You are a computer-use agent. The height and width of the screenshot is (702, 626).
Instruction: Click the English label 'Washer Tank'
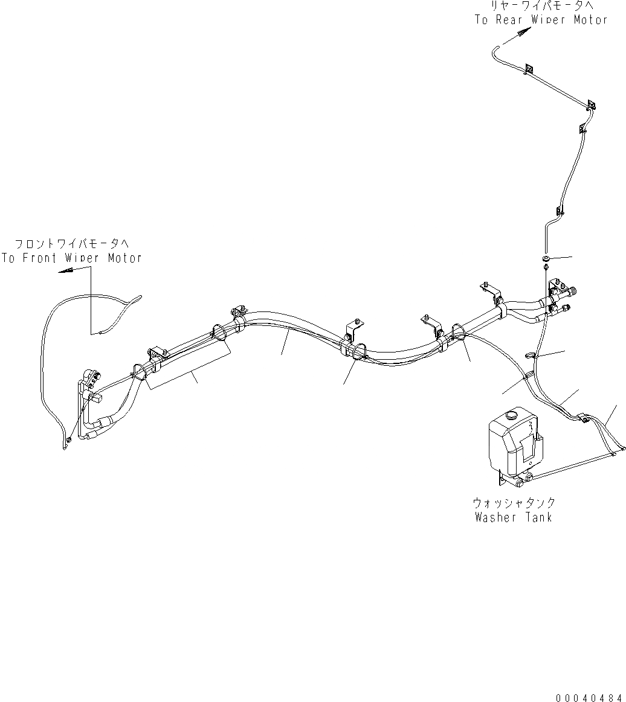click(514, 517)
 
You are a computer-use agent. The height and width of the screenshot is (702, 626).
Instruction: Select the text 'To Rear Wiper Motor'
click(541, 19)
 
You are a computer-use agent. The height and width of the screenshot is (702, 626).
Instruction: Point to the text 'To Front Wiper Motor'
click(71, 258)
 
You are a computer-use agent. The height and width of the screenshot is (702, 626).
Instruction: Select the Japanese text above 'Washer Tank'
click(514, 502)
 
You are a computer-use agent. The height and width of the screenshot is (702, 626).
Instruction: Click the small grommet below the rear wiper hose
click(545, 259)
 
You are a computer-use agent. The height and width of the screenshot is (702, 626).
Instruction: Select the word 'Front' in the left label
click(42, 258)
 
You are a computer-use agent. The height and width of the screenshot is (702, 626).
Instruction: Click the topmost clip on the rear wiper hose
click(529, 69)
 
